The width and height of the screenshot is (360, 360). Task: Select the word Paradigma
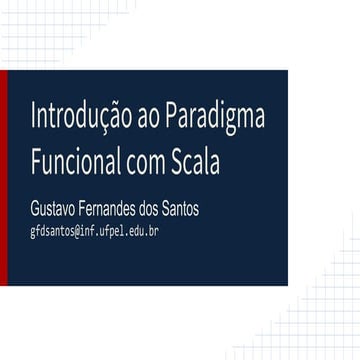pyautogui.click(x=215, y=119)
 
